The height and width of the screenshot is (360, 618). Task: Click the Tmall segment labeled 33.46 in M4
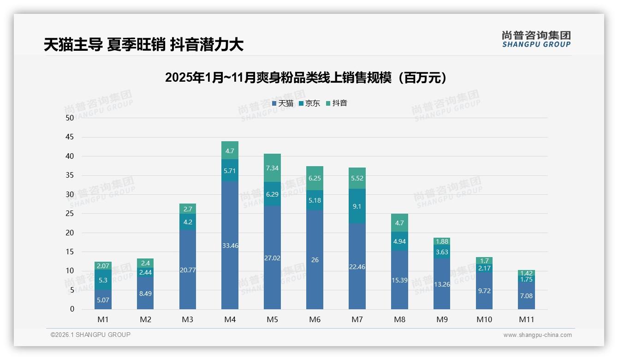[x=230, y=245]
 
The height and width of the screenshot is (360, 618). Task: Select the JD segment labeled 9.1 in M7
[x=357, y=206]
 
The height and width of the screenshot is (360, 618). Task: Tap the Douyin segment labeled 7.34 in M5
[x=272, y=168]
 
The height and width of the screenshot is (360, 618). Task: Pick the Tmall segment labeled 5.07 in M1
[x=103, y=300]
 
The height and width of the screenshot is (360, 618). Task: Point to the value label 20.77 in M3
[x=188, y=270]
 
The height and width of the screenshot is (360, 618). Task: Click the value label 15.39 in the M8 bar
[x=399, y=280]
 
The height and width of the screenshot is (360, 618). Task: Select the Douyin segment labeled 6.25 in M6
[x=315, y=178]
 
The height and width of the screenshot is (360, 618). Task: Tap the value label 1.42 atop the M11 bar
[x=526, y=273]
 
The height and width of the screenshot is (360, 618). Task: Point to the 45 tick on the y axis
[x=70, y=137]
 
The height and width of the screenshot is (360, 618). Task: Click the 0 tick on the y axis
[x=72, y=309]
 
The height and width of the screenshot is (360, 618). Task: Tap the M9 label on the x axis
[x=441, y=319]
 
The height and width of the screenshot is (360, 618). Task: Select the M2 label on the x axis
[x=145, y=319]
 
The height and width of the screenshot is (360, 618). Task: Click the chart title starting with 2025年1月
[x=305, y=78]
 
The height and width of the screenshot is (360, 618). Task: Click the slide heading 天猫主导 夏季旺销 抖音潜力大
[x=143, y=45]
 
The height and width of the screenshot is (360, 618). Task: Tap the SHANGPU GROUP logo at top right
[x=536, y=39]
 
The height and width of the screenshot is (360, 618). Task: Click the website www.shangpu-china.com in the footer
[x=537, y=335]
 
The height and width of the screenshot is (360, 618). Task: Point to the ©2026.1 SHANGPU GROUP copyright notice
[x=90, y=335]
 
